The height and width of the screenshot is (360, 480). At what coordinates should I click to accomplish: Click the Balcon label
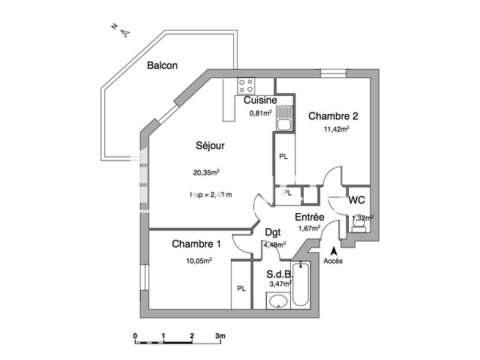[x=162, y=65]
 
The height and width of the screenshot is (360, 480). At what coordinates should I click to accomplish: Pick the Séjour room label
[x=211, y=145]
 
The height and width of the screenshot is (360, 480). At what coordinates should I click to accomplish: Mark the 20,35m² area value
[x=206, y=172]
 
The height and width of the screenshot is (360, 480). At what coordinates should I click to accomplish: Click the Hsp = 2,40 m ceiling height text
[x=211, y=195]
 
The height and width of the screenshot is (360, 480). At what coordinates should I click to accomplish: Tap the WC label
[x=357, y=200]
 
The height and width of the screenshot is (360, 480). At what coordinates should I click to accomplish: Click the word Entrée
[x=309, y=217]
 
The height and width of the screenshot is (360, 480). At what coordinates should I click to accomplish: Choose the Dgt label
[x=272, y=232]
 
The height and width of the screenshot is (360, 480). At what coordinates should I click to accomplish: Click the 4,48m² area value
[x=274, y=244]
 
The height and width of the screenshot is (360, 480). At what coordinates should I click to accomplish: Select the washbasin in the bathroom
[x=277, y=301]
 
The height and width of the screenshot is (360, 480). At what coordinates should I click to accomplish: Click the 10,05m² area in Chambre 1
[x=199, y=260]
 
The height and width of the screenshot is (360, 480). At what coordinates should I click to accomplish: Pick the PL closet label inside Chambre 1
[x=241, y=288]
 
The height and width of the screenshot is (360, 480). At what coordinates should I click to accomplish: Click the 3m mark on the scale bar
[x=220, y=335]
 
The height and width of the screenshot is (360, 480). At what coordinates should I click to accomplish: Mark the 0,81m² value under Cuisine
[x=260, y=113]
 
